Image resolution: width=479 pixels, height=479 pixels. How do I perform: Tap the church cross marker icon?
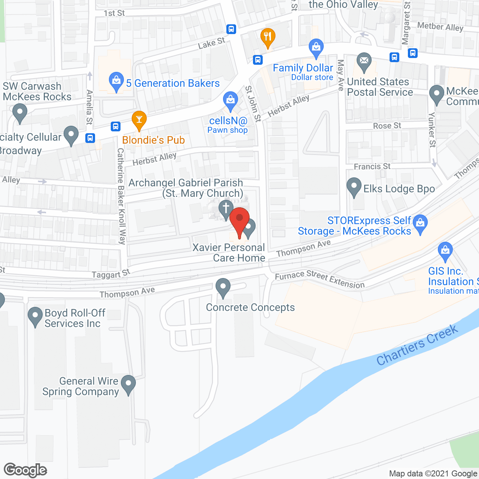click(x=226, y=209)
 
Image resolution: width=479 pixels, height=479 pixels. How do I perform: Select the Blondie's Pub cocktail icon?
click(x=139, y=119)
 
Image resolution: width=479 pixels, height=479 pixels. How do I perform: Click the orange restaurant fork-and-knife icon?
click(x=268, y=37)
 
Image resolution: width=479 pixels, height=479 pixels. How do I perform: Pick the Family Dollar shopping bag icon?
click(x=316, y=48)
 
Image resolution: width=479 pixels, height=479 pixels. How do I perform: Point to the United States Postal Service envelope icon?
click(x=364, y=61)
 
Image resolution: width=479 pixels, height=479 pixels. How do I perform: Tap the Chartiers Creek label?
click(x=417, y=345)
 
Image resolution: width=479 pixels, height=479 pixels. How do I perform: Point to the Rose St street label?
click(x=387, y=126)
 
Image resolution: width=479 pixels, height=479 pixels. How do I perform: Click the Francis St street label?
click(x=372, y=167)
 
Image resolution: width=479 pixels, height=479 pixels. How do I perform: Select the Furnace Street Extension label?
click(x=320, y=279)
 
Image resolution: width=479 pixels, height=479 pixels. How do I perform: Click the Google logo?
click(x=25, y=470)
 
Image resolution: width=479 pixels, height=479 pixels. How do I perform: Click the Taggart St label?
click(x=111, y=274)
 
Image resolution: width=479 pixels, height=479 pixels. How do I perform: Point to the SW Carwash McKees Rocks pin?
click(x=20, y=112)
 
